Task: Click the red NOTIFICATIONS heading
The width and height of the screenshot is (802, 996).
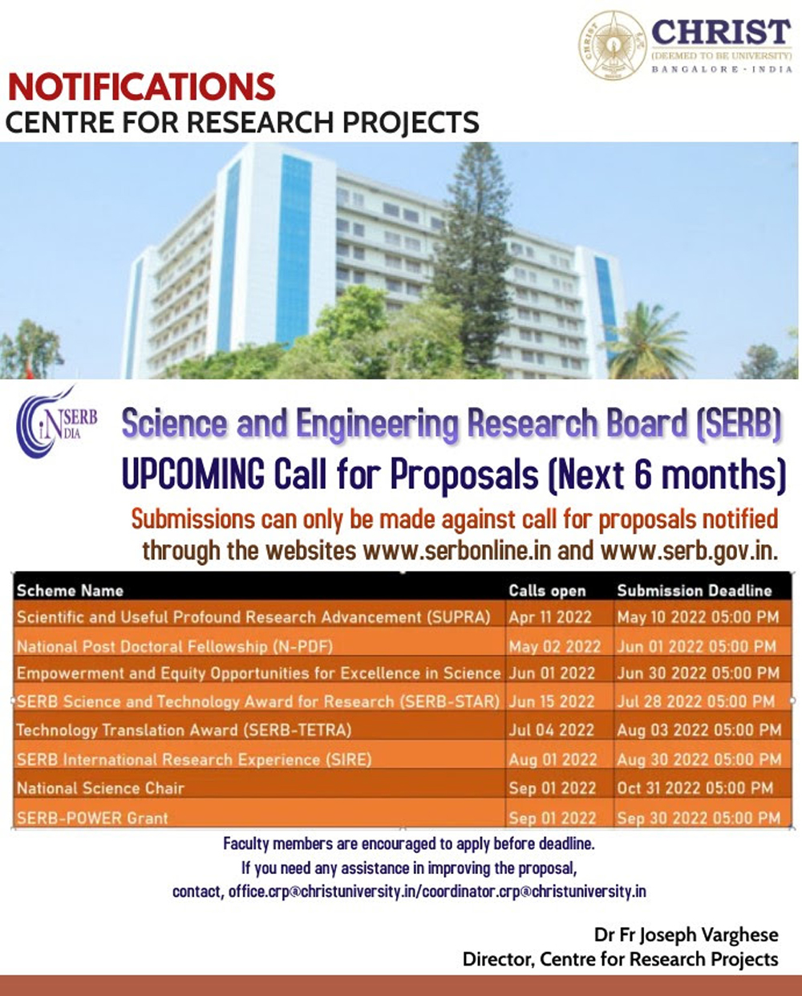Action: point(142,87)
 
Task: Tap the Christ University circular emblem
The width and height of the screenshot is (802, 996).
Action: point(614,45)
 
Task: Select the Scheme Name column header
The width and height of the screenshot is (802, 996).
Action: point(70,591)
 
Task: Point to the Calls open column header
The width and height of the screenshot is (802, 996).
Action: point(547,591)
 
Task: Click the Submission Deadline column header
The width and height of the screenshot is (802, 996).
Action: point(694,591)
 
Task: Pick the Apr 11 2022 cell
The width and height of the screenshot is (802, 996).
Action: point(550,617)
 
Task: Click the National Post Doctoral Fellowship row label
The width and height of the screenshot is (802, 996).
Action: point(174,646)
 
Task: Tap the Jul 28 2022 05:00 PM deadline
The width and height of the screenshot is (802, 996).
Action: point(696,701)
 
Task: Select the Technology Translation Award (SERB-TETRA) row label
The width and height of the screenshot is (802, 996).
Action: point(184,730)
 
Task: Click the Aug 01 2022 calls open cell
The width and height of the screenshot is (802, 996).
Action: point(553,759)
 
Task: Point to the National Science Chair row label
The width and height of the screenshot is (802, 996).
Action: point(100,788)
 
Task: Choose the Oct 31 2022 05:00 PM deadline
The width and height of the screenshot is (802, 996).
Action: point(695,788)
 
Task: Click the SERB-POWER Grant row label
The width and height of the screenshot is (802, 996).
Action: point(92,819)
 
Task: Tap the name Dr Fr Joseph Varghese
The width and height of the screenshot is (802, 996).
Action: point(686,935)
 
